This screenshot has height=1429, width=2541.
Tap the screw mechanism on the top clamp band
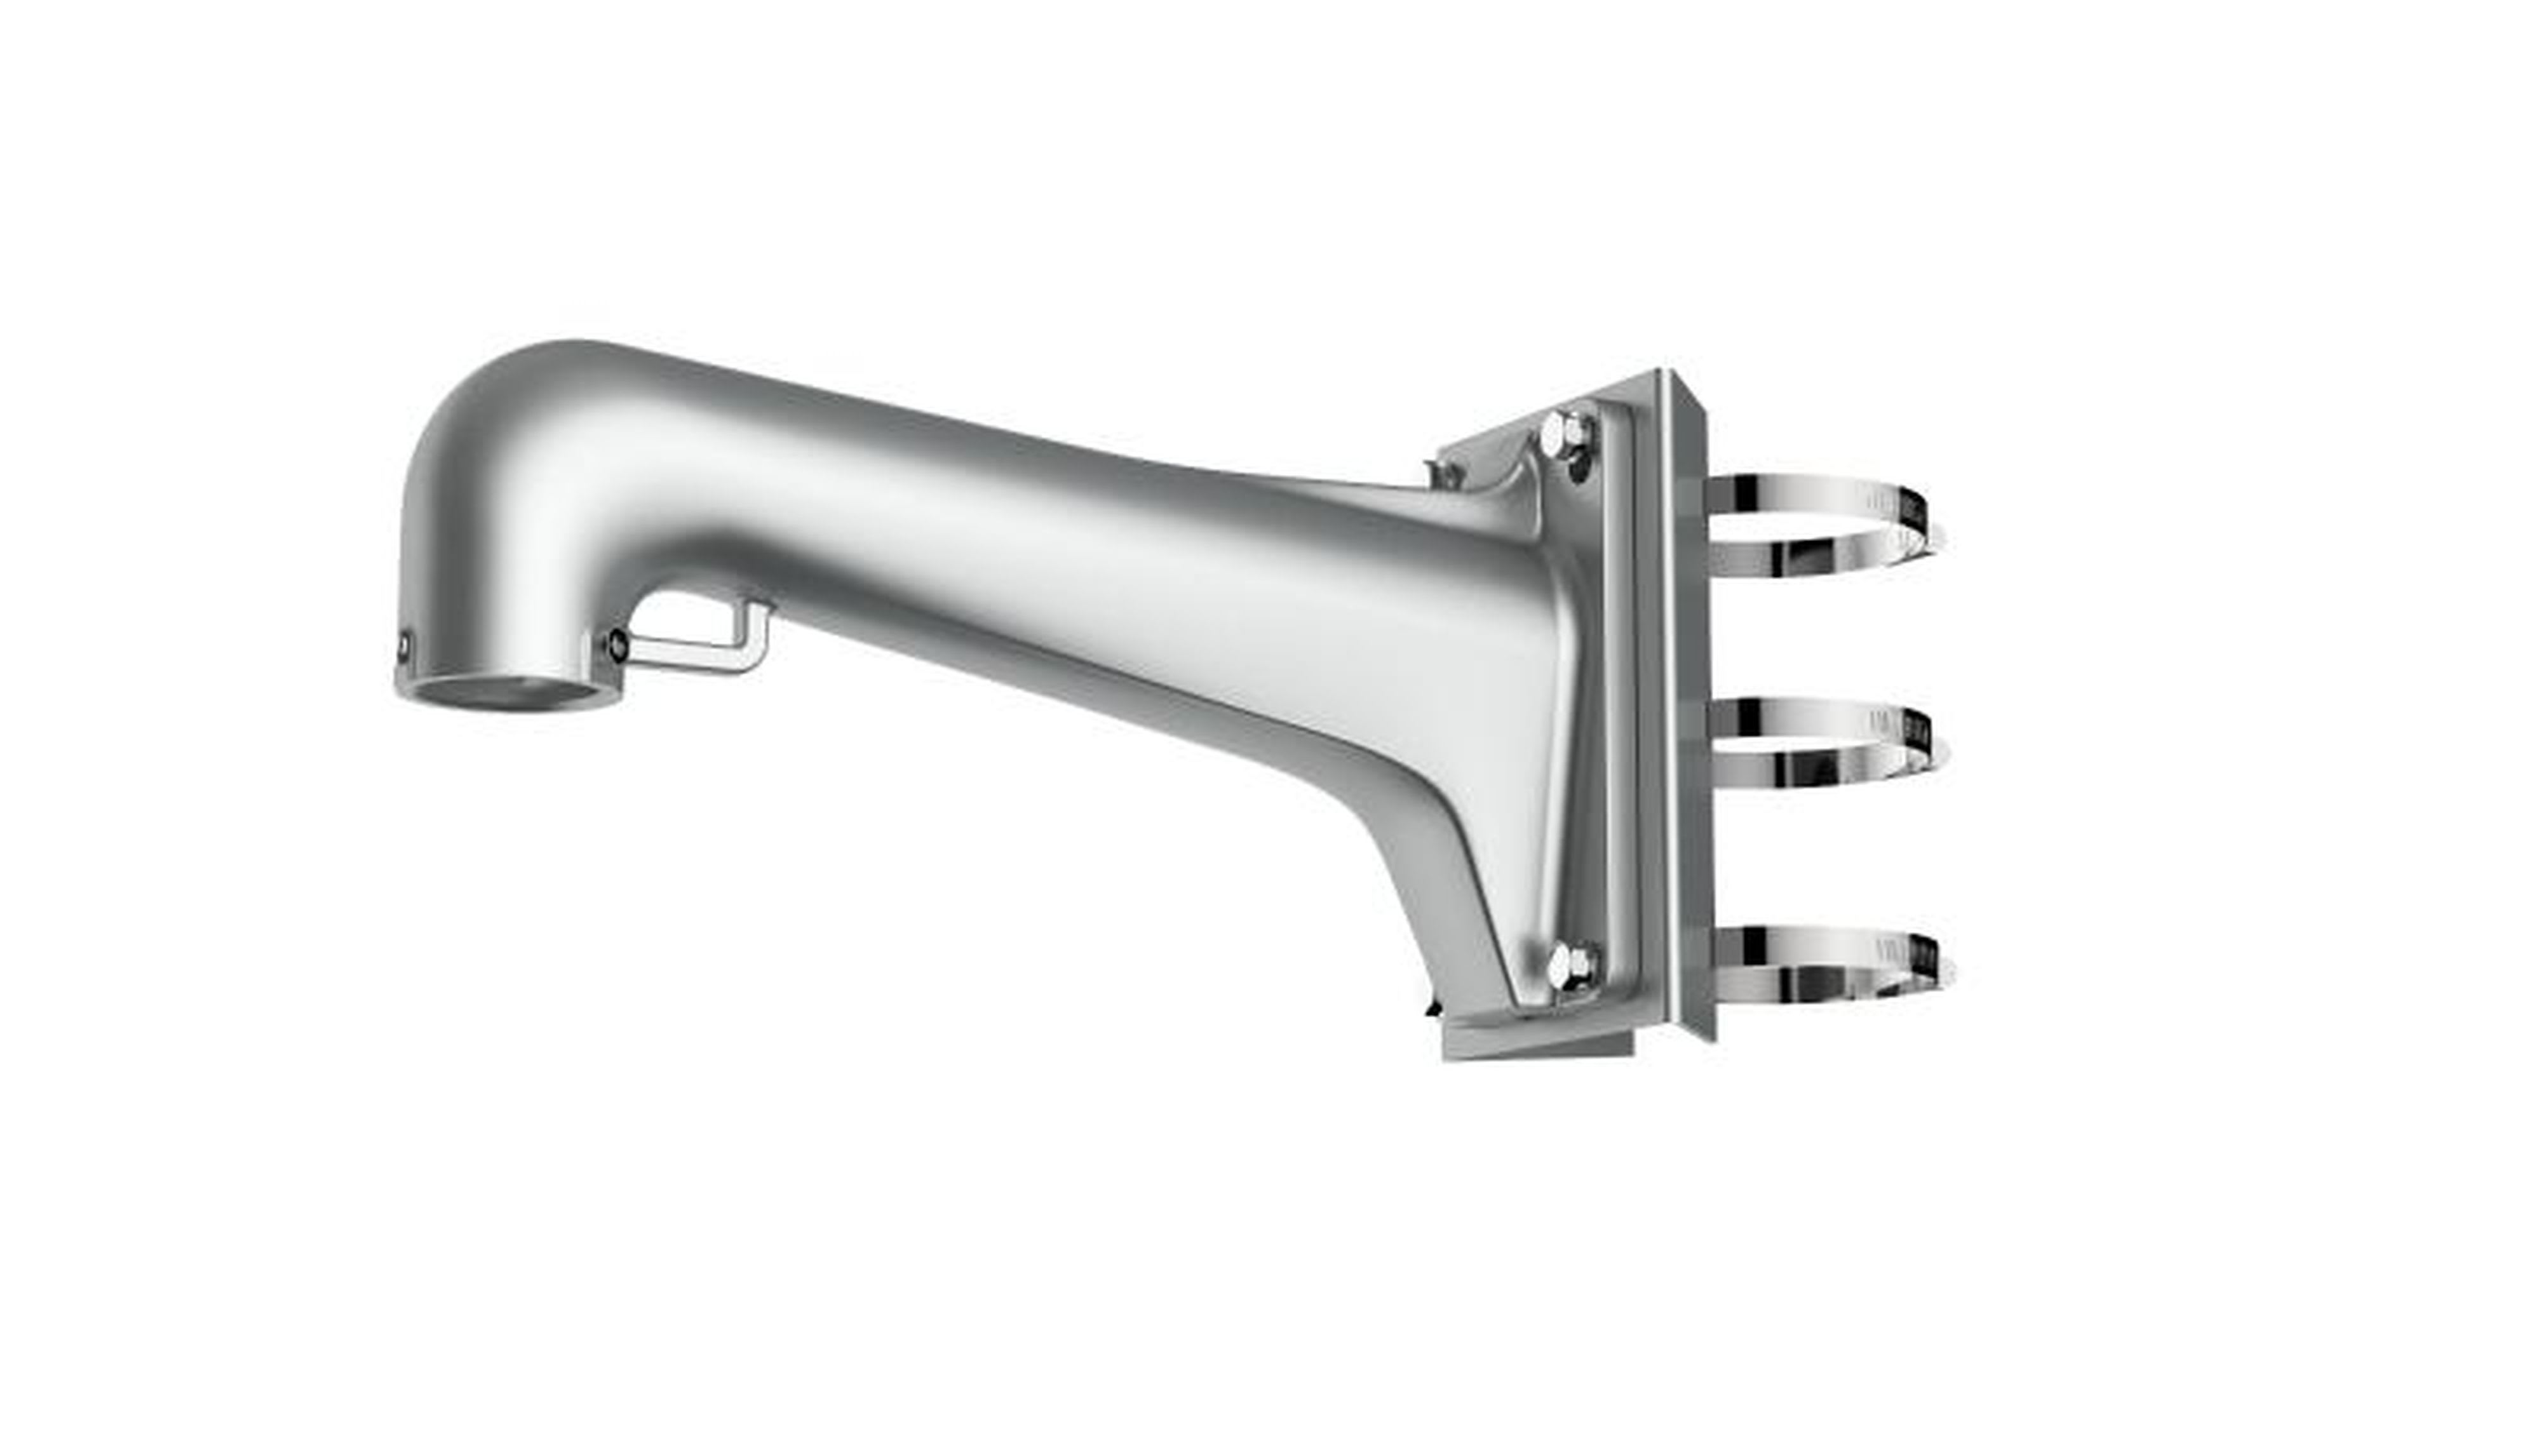[1913, 513]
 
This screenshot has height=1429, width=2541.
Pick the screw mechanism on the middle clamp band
[1918, 735]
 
